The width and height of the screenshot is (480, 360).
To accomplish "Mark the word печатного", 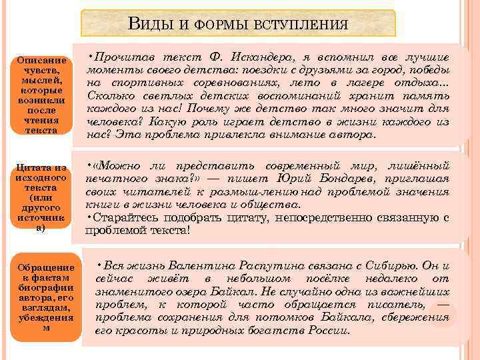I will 113,179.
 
